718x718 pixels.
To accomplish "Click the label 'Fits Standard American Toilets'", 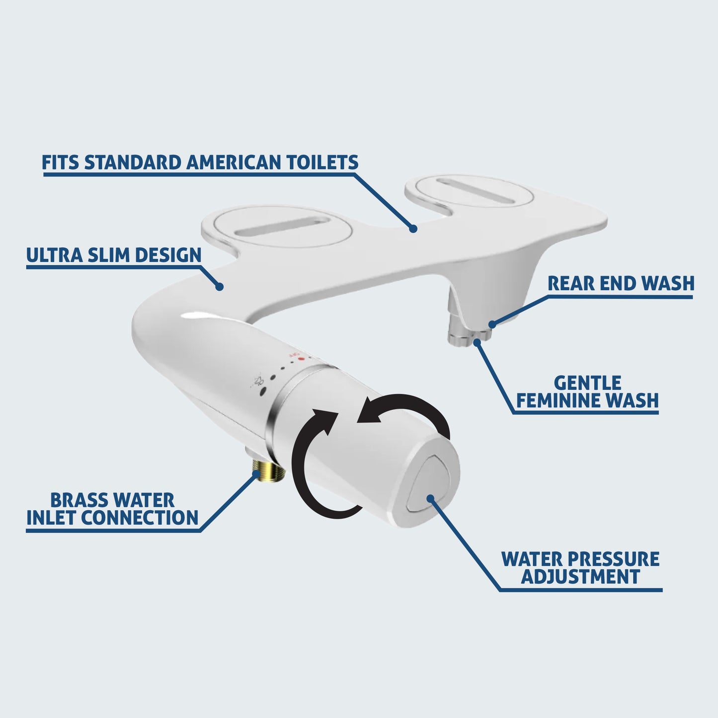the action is [200, 162].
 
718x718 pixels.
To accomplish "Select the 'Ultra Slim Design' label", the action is [114, 255].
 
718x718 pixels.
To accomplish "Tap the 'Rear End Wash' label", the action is [621, 284].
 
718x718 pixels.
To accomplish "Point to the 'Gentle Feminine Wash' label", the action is [587, 392].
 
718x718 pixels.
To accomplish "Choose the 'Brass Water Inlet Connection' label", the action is [112, 509].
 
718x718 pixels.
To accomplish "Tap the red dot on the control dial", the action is [302, 359].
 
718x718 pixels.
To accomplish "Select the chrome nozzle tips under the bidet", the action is [469, 334].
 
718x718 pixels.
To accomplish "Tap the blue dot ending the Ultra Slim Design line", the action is [220, 287].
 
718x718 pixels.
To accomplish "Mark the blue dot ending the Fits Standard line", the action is [412, 229].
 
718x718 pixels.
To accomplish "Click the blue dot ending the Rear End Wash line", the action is [492, 324].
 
